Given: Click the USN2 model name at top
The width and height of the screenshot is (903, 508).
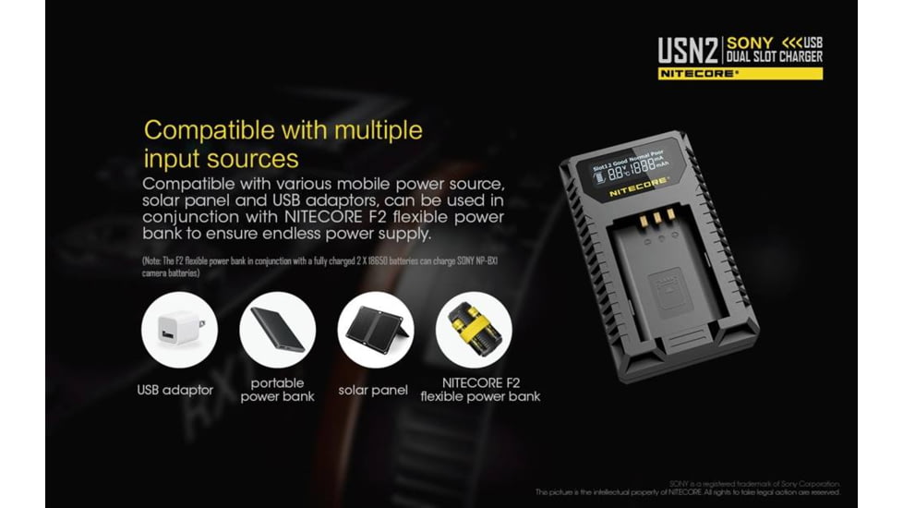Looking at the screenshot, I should (688, 49).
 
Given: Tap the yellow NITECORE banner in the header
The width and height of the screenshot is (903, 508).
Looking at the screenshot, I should (740, 73).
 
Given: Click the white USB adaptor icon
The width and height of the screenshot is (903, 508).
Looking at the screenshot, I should (179, 331).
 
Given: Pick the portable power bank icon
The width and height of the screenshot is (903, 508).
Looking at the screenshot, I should (277, 331).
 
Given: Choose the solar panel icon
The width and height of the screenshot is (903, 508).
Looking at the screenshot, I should (375, 331).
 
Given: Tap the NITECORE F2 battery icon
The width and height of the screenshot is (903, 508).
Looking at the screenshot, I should (473, 331).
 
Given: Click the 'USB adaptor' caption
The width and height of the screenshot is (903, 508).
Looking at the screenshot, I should (175, 390).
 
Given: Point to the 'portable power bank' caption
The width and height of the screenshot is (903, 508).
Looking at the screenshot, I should (277, 389).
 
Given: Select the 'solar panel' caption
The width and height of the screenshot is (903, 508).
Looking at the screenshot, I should (374, 390).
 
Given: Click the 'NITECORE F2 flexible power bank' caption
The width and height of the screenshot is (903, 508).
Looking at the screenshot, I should (480, 389).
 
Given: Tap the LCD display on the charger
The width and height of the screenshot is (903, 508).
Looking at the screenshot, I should (633, 165).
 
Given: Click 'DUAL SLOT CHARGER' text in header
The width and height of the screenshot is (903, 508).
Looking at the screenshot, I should (774, 56).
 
